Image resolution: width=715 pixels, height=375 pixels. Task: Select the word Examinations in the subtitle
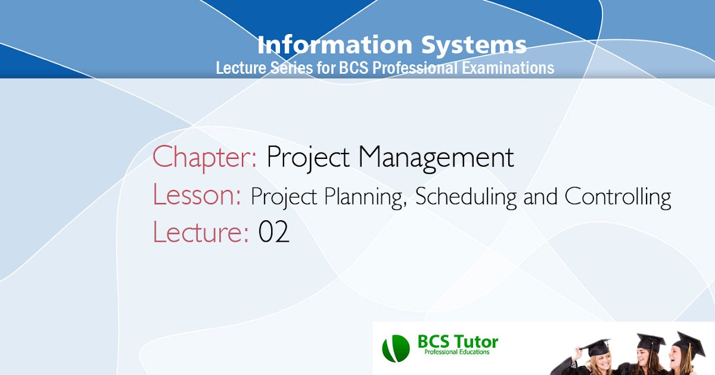508,68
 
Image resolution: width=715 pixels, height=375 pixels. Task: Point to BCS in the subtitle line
353,68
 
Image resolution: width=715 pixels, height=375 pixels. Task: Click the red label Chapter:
204,157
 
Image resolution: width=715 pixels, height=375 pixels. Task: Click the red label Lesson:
197,195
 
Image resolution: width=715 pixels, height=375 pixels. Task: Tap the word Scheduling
467,196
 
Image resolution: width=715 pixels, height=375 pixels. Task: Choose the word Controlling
617,196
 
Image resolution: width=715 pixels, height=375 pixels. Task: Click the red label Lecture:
200,232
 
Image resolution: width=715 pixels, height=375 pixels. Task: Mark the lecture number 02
273,232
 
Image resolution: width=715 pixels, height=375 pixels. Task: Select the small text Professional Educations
456,352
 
